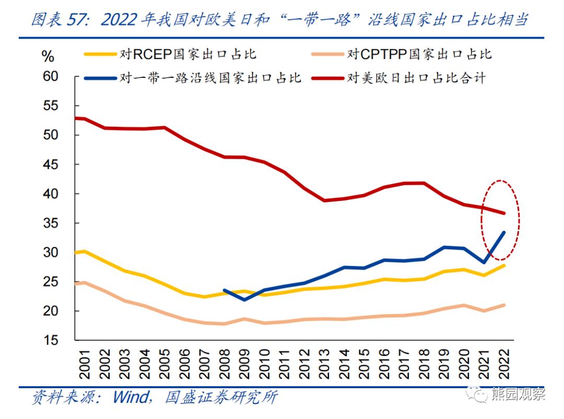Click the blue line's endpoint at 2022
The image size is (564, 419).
pos(503,232)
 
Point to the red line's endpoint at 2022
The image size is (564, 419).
pos(503,213)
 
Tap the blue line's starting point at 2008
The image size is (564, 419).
pos(224,290)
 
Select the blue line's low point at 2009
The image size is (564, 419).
pos(244,300)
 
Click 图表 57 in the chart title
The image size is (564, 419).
pos(60,20)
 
